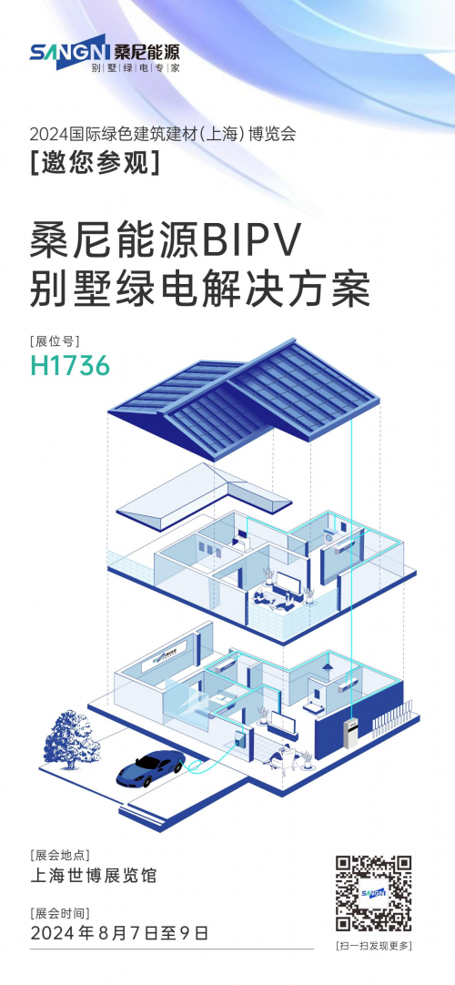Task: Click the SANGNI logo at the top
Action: click(x=104, y=56)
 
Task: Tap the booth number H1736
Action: click(x=70, y=365)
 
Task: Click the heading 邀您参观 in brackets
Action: click(x=94, y=164)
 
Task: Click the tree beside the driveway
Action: click(x=71, y=740)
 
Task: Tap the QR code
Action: click(x=373, y=893)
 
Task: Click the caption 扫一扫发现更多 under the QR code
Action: click(x=373, y=946)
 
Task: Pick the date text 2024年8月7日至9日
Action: click(x=118, y=933)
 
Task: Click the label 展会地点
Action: click(x=59, y=855)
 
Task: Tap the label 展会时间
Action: click(x=59, y=912)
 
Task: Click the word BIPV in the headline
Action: click(x=254, y=241)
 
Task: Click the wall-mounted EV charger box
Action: click(x=239, y=737)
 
